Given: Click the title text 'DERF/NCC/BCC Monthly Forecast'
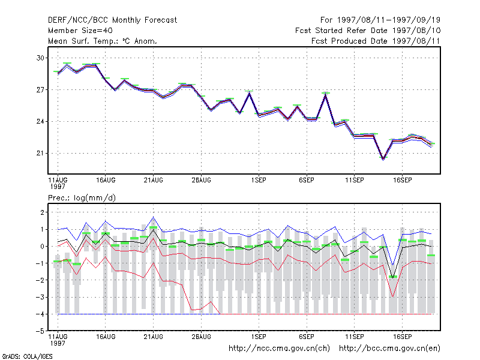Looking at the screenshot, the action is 112,20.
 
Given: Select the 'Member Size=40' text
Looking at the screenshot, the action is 80,31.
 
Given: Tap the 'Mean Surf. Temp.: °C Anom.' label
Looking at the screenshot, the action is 103,41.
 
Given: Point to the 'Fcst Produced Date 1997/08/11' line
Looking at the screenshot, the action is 376,41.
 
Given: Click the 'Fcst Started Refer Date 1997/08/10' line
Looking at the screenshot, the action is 368,31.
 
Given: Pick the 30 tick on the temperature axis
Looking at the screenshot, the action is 40,58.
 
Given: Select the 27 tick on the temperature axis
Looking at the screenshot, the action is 40,89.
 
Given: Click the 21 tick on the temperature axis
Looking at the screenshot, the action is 40,153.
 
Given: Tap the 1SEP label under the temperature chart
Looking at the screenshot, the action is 259,180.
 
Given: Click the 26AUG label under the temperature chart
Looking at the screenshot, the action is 201,180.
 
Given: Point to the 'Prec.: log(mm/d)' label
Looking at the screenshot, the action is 82,198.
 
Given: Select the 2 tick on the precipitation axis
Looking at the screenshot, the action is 42,212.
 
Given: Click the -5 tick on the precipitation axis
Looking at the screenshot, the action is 40,331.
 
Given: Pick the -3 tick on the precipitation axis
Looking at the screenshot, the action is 40,297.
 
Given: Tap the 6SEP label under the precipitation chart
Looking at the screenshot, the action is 307,337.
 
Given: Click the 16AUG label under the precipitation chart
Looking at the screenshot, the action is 106,337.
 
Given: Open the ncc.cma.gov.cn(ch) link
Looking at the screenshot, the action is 279,349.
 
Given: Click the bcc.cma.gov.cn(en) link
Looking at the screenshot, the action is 389,349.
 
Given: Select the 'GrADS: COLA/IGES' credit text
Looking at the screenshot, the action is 27,356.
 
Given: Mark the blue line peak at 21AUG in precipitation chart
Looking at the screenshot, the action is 154,217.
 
